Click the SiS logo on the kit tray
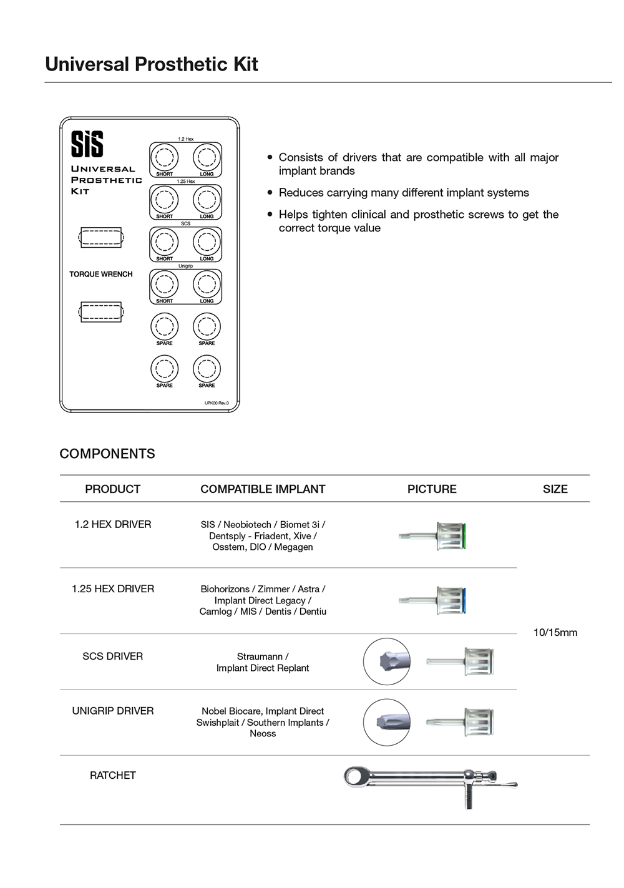pyautogui.click(x=87, y=144)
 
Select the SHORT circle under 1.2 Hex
pyautogui.click(x=164, y=157)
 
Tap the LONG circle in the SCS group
pyautogui.click(x=207, y=242)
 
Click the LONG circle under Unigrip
pyautogui.click(x=207, y=284)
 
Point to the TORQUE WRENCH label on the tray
pyautogui.click(x=101, y=274)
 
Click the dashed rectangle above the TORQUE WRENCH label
pyautogui.click(x=101, y=238)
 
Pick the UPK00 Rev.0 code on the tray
pyautogui.click(x=217, y=403)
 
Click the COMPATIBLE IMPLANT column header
pyautogui.click(x=263, y=489)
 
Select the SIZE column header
pyautogui.click(x=555, y=489)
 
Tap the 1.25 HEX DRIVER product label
pyautogui.click(x=113, y=588)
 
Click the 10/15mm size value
pyautogui.click(x=555, y=632)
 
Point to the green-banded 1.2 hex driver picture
pyautogui.click(x=433, y=536)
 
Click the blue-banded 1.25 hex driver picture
pyautogui.click(x=433, y=600)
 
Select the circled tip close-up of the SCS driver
pyautogui.click(x=387, y=661)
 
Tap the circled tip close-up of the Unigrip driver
pyautogui.click(x=387, y=722)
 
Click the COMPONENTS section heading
pyautogui.click(x=107, y=454)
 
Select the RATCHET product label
pyautogui.click(x=113, y=775)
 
